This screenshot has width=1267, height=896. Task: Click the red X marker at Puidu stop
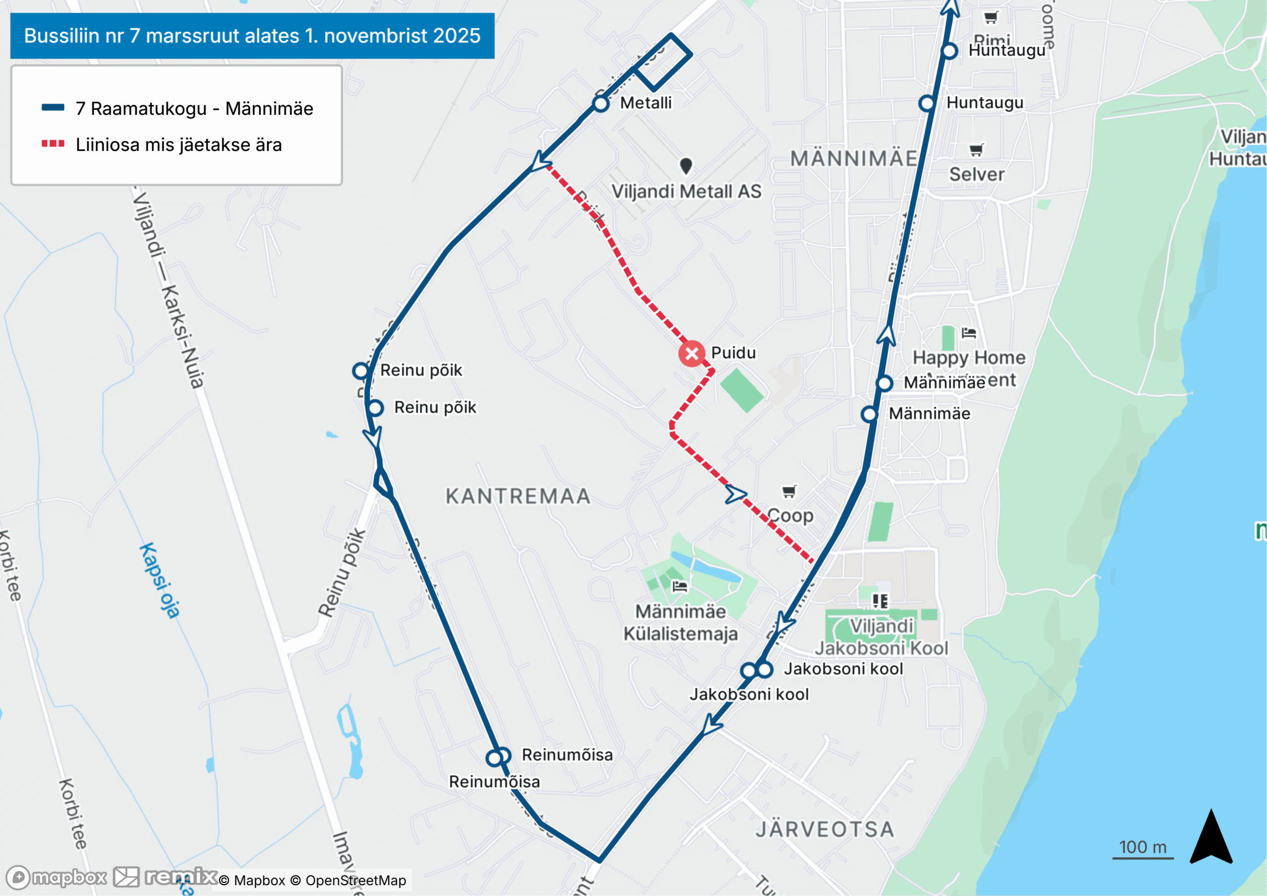point(691,354)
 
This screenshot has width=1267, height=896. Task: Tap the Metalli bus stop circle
point(600,103)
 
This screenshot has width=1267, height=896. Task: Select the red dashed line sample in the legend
point(53,144)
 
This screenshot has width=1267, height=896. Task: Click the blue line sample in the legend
point(53,107)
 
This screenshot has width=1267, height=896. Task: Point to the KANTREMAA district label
point(518,497)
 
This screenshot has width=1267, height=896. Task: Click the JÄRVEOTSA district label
point(825,829)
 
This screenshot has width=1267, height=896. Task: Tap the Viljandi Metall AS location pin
point(686,165)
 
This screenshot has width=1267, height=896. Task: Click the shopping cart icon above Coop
point(789,491)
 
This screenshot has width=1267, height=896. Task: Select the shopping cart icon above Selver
point(976,149)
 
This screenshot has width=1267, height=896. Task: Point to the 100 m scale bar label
point(1142,847)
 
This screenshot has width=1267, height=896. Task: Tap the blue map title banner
point(252,36)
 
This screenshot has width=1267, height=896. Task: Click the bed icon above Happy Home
point(969,333)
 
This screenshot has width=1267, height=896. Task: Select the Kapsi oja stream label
point(160,580)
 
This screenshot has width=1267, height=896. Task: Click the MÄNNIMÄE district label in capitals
point(853,159)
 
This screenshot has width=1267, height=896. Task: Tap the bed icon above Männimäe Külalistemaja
point(680,586)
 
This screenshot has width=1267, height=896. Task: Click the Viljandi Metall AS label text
point(686,192)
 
